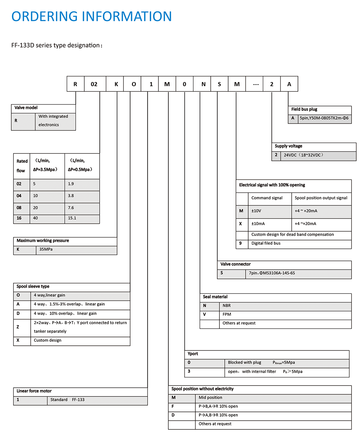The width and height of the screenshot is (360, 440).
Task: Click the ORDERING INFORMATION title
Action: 92,17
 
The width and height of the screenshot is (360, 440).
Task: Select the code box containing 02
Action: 94,84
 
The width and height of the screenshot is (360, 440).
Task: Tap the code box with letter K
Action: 116,84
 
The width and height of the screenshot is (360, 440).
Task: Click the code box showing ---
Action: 255,84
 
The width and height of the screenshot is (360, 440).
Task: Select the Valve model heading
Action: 26,108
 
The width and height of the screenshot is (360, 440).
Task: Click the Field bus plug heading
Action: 304,109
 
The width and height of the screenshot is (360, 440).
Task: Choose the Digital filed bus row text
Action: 266,243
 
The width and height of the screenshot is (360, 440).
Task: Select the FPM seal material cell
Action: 227,314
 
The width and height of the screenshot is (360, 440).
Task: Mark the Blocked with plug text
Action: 244,363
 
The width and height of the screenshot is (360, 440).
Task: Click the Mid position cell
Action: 210,398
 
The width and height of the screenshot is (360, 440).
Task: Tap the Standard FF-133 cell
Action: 67,400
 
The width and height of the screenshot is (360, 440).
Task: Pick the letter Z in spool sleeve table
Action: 18,327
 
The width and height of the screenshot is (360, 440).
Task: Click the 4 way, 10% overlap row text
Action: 65,314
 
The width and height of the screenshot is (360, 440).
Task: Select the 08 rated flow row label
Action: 19,208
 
